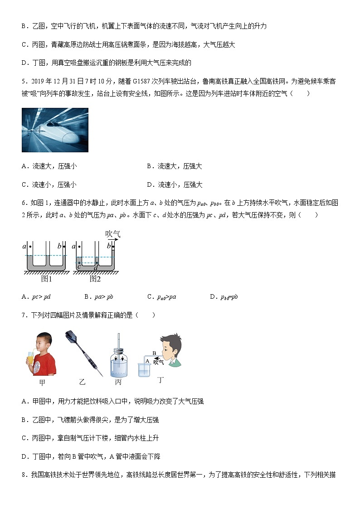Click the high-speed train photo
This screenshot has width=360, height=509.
point(55,130)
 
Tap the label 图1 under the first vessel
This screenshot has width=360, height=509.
point(47,279)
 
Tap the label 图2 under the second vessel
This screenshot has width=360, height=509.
point(95,279)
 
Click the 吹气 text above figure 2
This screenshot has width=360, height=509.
point(113,234)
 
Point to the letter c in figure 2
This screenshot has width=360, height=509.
point(78,267)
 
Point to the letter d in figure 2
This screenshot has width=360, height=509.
point(95,268)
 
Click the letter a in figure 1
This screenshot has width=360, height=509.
point(24,247)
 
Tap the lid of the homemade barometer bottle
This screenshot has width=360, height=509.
point(118,351)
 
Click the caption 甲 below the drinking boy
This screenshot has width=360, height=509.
point(42,383)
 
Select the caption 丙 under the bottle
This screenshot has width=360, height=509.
point(118,382)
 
